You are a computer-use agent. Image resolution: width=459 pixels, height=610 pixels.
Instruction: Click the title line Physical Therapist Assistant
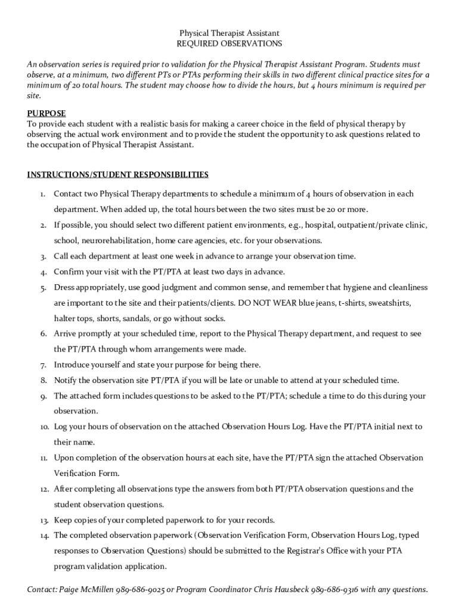229,33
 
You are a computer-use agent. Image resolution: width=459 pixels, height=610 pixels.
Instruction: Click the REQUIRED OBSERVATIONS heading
229,44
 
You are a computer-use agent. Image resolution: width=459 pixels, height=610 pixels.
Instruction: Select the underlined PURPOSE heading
46,113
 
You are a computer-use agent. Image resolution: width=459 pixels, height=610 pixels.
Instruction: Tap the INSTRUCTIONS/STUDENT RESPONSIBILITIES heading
118,175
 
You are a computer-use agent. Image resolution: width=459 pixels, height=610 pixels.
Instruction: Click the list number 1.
43,194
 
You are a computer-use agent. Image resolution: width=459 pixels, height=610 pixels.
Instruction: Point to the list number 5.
44,288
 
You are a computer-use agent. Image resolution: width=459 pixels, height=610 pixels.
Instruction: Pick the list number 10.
45,427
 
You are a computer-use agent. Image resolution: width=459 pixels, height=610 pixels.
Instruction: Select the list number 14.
45,536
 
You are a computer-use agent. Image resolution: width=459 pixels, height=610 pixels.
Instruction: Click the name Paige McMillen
85,590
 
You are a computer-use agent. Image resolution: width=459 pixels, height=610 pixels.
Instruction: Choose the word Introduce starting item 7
72,365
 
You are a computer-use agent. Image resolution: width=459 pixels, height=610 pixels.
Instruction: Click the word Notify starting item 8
66,380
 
